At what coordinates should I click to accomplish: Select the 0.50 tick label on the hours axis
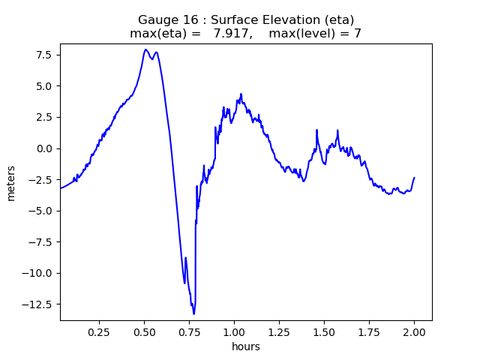point(145,331)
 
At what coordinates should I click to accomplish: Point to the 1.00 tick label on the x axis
point(235,331)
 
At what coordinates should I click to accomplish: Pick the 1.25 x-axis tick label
point(280,331)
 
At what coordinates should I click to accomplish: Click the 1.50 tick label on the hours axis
point(325,331)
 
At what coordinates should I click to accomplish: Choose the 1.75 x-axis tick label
point(370,331)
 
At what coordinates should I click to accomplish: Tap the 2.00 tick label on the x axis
point(414,331)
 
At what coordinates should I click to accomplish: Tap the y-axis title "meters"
point(11,181)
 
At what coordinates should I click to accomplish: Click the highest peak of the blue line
point(145,49)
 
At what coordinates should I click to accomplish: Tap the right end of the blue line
point(414,178)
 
